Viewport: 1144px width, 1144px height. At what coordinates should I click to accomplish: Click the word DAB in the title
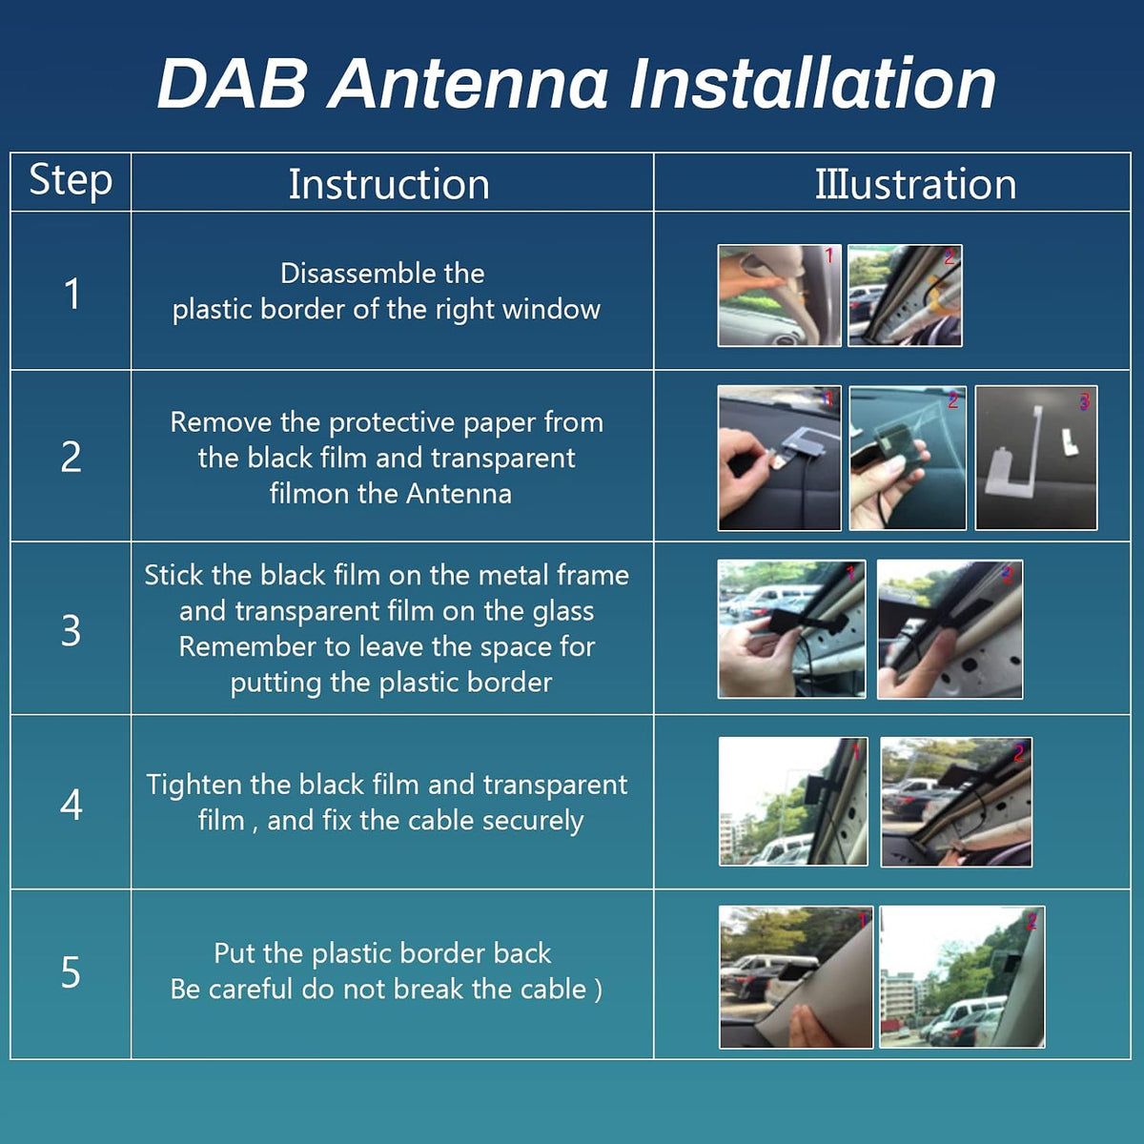232,84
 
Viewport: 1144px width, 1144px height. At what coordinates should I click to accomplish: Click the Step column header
71,180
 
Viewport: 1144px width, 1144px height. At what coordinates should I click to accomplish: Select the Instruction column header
389,184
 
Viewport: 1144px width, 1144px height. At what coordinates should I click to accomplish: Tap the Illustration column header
915,184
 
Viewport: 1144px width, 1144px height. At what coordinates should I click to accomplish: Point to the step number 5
71,971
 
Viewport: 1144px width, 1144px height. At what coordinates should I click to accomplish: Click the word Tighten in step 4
194,785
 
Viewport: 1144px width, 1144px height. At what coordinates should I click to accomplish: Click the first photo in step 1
779,295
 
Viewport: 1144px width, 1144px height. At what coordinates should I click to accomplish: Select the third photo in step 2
1036,458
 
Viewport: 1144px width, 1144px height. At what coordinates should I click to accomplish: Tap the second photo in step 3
950,629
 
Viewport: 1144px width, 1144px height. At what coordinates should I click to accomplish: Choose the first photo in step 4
793,802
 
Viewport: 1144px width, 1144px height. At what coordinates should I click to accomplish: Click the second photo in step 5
962,976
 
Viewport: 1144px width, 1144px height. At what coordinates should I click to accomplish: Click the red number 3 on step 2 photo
1084,402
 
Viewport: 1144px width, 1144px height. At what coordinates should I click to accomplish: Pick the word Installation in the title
813,84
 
